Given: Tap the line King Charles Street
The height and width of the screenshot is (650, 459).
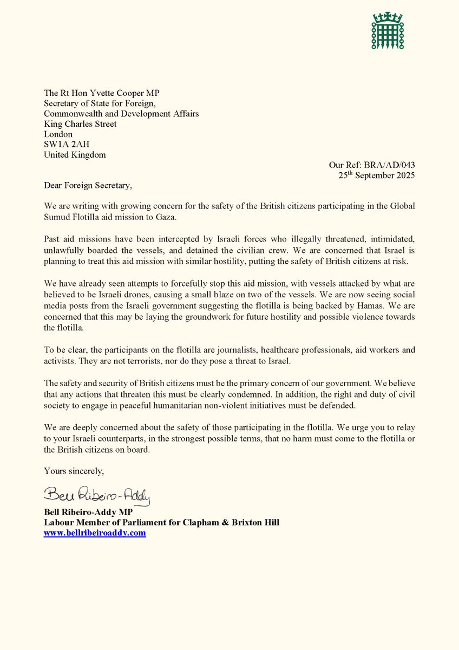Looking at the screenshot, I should [80, 124].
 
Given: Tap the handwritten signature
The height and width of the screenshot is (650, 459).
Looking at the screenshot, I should [97, 495].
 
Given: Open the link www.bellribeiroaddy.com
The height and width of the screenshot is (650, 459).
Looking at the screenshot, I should [95, 534].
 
